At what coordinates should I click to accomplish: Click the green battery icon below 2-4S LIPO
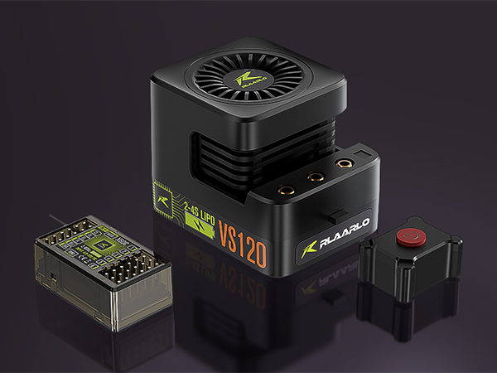[x=196, y=225]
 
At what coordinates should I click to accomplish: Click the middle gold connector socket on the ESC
[x=316, y=176]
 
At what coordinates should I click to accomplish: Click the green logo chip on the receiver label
[x=101, y=246]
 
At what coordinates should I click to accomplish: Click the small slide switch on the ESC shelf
[x=333, y=214]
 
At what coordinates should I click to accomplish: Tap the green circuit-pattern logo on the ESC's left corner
[x=163, y=196]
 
